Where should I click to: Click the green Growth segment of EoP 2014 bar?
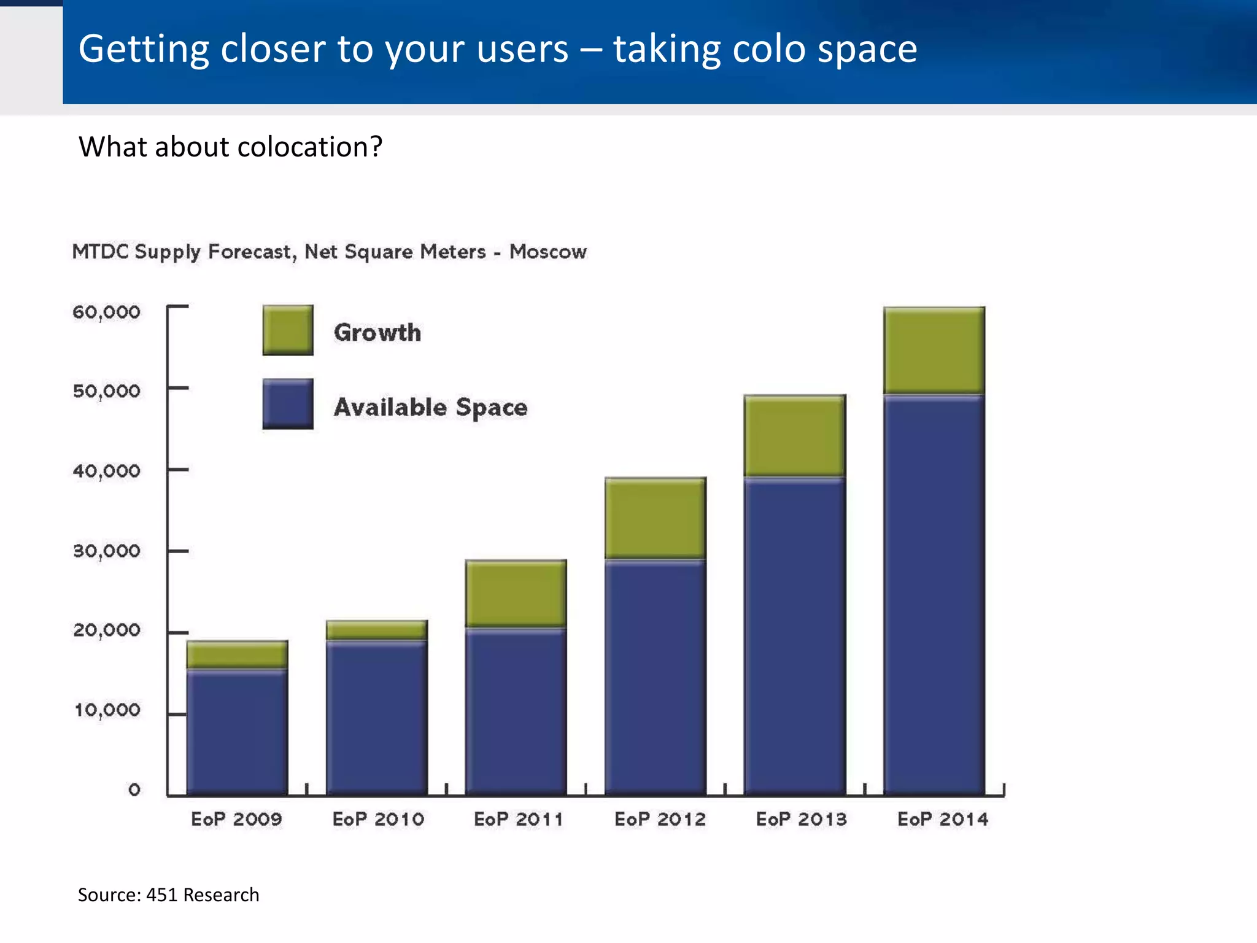[934, 351]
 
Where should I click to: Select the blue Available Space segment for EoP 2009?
[237, 731]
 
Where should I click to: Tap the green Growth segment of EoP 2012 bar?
[656, 518]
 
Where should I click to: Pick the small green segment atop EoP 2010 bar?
[376, 631]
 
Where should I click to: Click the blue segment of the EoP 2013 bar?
[795, 635]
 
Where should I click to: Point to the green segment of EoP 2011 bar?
[516, 593]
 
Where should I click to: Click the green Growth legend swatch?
[288, 330]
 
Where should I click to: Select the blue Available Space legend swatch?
[288, 404]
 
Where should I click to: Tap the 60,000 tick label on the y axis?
[106, 312]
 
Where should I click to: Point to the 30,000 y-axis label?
[106, 551]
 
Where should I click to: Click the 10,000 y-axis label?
[107, 710]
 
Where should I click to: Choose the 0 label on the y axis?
[134, 790]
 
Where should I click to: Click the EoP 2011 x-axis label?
[518, 819]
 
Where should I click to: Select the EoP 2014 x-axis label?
[943, 819]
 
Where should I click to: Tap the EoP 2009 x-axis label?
[236, 819]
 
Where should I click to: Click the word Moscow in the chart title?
[547, 252]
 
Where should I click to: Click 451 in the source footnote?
[161, 895]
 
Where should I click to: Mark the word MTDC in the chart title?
[100, 252]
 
